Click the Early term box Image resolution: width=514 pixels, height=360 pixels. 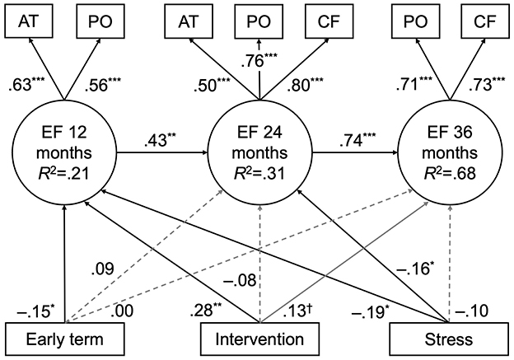pyautogui.click(x=64, y=339)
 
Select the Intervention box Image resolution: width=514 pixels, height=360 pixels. pyautogui.click(x=259, y=339)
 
